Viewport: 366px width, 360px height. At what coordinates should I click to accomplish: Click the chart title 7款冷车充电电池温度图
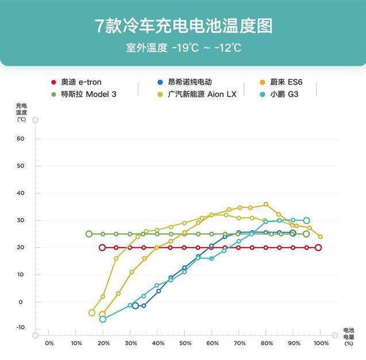click(183, 26)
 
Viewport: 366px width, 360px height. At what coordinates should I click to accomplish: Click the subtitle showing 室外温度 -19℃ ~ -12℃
click(183, 48)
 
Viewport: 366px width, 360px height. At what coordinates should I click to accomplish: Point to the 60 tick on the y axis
click(21, 138)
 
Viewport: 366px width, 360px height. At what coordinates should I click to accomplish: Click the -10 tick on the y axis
click(21, 327)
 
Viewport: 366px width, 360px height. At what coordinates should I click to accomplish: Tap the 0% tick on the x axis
click(49, 343)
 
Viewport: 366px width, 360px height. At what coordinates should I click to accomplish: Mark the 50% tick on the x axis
click(185, 343)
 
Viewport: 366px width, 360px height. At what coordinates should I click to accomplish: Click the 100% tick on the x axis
click(321, 343)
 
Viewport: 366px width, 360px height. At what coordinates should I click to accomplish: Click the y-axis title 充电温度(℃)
click(21, 112)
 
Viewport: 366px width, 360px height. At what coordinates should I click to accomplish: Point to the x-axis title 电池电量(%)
click(349, 337)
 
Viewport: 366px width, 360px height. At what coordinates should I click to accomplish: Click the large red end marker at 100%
click(318, 247)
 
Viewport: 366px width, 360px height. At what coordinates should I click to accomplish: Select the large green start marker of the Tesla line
click(89, 234)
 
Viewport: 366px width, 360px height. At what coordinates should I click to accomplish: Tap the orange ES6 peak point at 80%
click(266, 204)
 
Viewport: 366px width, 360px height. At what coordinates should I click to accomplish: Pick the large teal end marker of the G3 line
click(306, 220)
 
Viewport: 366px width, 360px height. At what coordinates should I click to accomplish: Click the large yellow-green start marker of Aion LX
click(92, 313)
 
